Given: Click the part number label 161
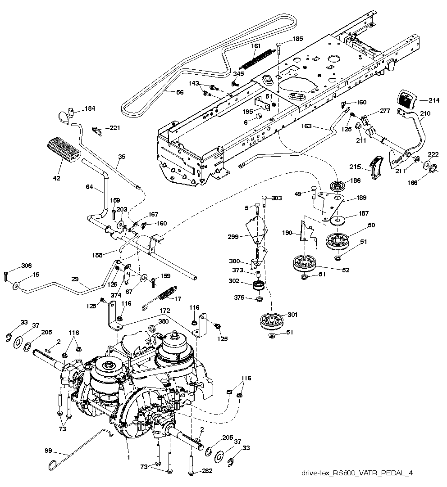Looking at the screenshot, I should coord(255,46).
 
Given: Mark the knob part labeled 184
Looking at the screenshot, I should coord(65,115).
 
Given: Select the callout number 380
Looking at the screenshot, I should coord(164,322).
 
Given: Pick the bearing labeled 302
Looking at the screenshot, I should coord(259,285).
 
